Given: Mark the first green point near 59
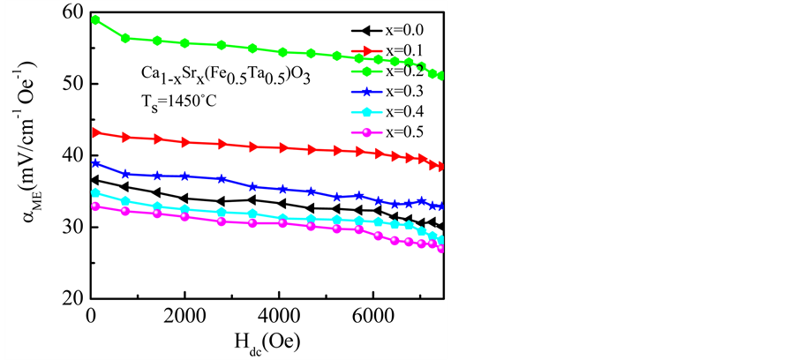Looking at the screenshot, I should click(95, 19).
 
